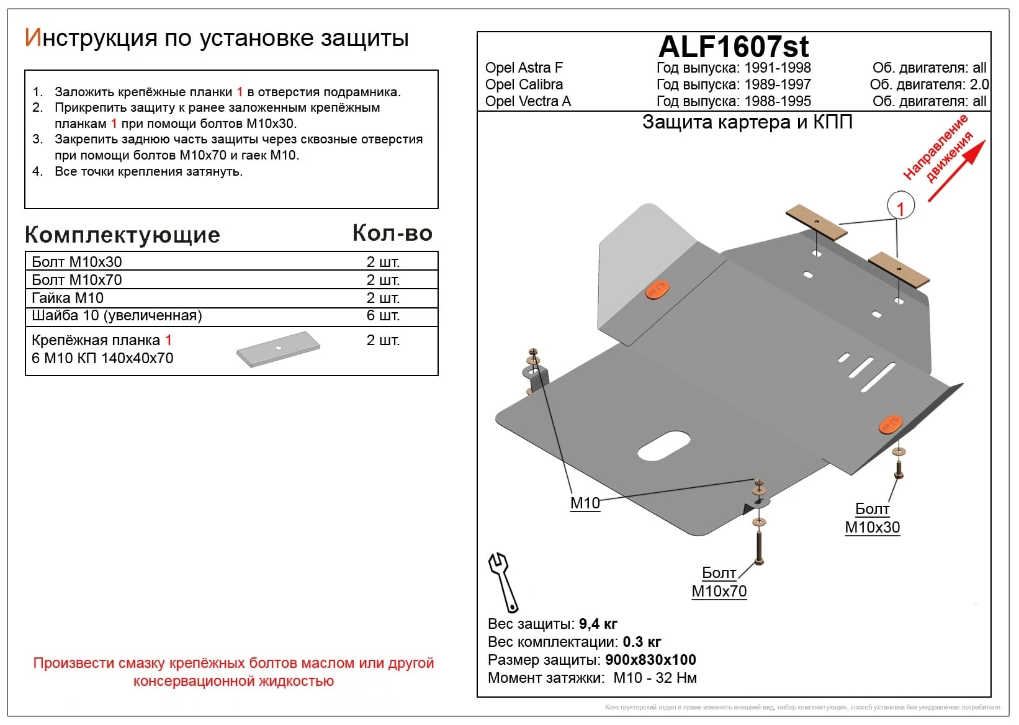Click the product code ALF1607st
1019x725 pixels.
(x=733, y=47)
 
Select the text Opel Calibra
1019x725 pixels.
(x=524, y=84)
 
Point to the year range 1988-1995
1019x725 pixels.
(x=778, y=101)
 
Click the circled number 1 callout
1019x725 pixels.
(x=900, y=205)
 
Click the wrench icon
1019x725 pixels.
(x=503, y=583)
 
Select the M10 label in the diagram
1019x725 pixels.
(x=585, y=503)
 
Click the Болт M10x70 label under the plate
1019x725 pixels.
(x=719, y=582)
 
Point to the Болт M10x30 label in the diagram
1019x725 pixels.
(x=872, y=518)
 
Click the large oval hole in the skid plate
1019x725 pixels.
(x=663, y=446)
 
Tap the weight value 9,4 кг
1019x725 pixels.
(x=598, y=624)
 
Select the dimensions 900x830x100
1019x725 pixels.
(x=650, y=660)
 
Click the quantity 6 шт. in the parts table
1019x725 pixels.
(x=383, y=315)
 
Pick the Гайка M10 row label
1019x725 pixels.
(x=67, y=298)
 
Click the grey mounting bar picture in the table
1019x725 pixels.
(x=279, y=349)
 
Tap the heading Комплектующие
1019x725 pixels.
(x=122, y=235)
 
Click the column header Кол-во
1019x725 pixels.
(x=392, y=233)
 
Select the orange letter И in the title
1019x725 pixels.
(x=34, y=38)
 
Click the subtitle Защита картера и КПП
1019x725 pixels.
(x=747, y=122)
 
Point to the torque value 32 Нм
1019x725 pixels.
(x=676, y=678)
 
